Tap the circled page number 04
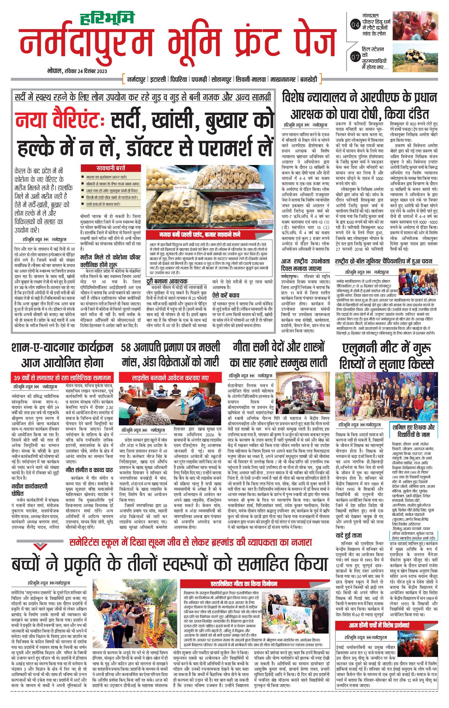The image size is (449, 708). tap(355, 25)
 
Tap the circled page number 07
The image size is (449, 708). tap(355, 58)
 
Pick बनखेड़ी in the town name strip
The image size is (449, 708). tap(309, 79)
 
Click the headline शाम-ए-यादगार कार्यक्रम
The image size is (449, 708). tap(62, 348)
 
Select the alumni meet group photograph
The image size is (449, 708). tap(386, 396)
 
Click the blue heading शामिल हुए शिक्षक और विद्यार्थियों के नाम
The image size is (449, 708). tap(413, 430)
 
